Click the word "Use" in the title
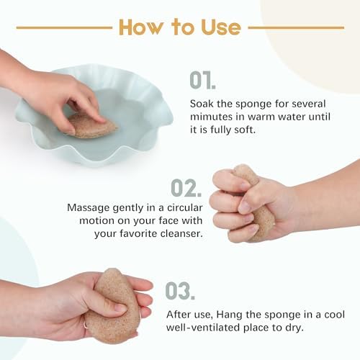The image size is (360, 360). [221, 28]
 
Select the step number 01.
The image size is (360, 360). [202, 80]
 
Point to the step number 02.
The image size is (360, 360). [186, 188]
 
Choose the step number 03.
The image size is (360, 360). [180, 291]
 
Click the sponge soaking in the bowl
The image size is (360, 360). [92, 125]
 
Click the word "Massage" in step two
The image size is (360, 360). [89, 208]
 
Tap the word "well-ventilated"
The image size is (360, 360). [203, 328]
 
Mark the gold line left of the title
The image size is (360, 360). [64, 28]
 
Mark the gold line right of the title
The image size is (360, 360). [296, 28]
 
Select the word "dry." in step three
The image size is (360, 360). [294, 328]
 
